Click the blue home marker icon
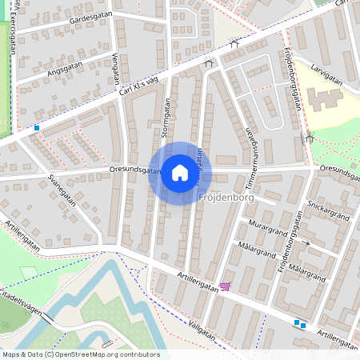pyautogui.click(x=179, y=173)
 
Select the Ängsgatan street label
pyautogui.click(x=65, y=70)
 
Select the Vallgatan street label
pyautogui.click(x=196, y=329)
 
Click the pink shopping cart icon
pyautogui.click(x=226, y=286)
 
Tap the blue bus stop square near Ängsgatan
pyautogui.click(x=37, y=127)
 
